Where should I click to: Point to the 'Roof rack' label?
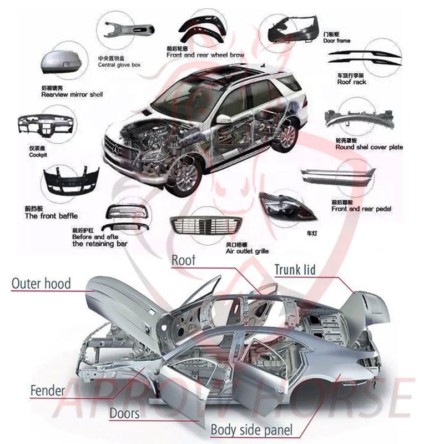[351, 82]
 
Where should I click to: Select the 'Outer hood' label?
[42, 284]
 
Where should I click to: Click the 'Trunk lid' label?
[295, 270]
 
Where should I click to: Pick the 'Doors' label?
[124, 413]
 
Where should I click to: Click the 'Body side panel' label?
[251, 430]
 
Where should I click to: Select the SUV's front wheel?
[183, 175]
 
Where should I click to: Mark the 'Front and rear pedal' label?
[361, 209]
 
